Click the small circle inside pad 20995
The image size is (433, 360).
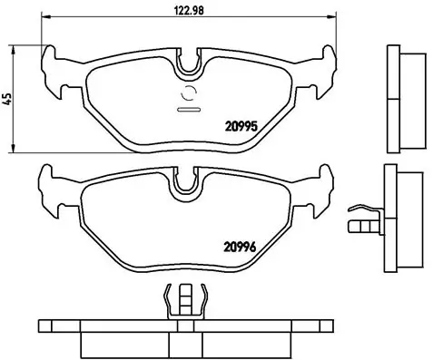pyautogui.click(x=190, y=92)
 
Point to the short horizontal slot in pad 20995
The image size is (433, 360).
pyautogui.click(x=190, y=109)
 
